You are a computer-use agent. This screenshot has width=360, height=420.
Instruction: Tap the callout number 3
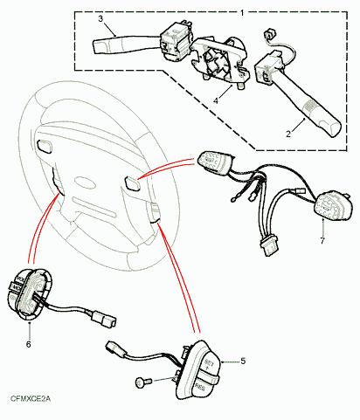click(100, 18)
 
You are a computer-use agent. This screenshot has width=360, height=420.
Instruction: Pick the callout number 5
click(242, 361)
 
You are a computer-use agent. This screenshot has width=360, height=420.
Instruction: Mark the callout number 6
click(28, 345)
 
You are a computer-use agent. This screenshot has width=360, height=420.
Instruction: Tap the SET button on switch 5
click(208, 360)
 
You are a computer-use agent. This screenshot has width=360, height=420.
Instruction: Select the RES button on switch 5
click(200, 382)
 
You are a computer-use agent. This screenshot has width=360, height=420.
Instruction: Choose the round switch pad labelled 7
click(331, 207)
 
